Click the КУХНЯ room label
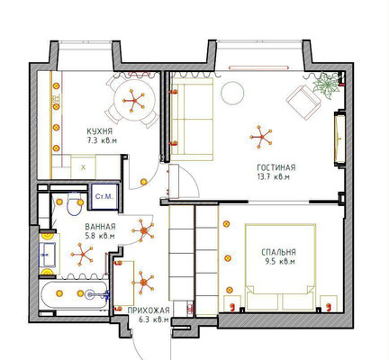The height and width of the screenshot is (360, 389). [x=99, y=131]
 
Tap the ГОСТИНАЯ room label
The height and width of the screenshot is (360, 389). [x=276, y=167]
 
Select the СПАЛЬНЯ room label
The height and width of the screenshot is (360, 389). [x=278, y=252]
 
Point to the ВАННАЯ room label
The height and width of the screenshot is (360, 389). [x=100, y=227]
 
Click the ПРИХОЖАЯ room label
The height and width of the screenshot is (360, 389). [x=149, y=310]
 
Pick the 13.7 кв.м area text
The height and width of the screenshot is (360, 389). [x=274, y=177]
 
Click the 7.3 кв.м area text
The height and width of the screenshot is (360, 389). [x=102, y=140]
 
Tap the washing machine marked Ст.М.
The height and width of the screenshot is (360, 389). [x=104, y=196]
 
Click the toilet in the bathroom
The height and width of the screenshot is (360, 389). [x=75, y=203]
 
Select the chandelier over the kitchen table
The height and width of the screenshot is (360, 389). [x=134, y=101]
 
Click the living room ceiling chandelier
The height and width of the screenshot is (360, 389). [x=261, y=137]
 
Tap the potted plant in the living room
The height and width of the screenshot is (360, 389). [x=326, y=85]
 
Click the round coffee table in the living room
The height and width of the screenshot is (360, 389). [x=232, y=93]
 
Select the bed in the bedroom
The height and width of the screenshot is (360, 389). [x=281, y=267]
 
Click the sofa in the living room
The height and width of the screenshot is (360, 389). [x=192, y=119]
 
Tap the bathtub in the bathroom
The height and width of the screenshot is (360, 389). [x=73, y=294]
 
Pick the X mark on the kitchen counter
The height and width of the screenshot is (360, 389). [x=83, y=167]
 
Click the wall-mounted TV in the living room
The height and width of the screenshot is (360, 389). [x=339, y=139]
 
